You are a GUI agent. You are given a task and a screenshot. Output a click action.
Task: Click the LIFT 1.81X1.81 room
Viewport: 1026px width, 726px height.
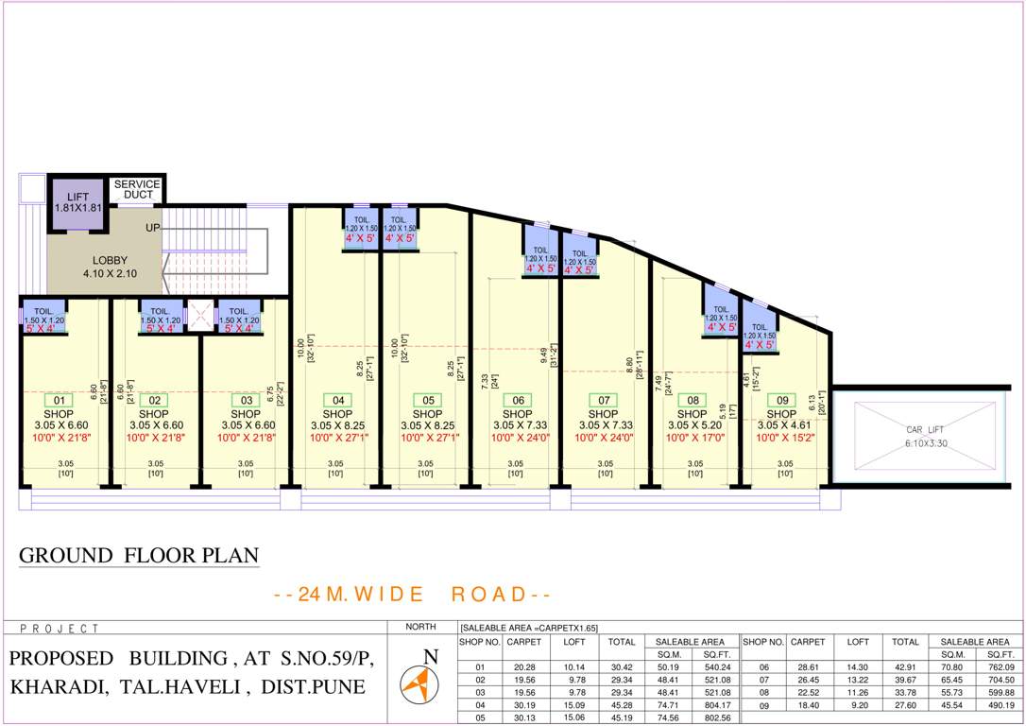tap(77, 202)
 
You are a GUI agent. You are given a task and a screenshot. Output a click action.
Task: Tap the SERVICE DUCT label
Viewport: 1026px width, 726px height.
tap(137, 189)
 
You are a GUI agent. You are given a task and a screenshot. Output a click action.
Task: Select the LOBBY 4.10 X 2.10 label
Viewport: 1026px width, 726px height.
tap(110, 267)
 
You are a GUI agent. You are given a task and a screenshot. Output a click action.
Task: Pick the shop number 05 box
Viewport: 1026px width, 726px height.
tap(427, 400)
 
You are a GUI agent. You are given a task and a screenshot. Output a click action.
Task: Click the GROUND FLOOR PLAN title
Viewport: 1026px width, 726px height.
tap(139, 555)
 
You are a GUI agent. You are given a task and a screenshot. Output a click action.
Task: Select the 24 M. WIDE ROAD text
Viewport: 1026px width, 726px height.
tap(412, 595)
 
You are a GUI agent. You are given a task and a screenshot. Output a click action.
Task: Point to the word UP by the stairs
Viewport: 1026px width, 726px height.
tap(152, 228)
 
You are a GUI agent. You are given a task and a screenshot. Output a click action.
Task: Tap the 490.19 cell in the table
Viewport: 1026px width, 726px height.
tap(1000, 704)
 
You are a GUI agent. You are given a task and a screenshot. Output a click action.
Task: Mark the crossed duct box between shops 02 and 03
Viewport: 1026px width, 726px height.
tap(200, 315)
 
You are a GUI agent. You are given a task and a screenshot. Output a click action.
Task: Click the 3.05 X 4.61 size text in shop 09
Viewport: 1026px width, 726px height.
tap(784, 425)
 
